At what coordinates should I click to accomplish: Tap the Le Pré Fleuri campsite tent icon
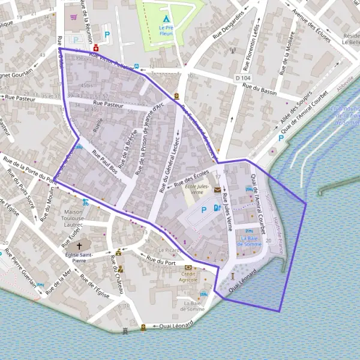coord(166,12)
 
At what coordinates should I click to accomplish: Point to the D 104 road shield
coord(242,78)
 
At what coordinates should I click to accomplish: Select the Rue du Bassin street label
coord(260,89)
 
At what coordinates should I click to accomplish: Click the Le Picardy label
coord(169,250)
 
